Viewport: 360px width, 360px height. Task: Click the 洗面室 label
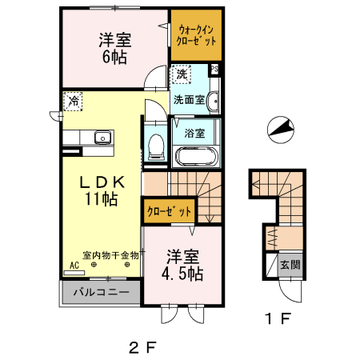click(190, 100)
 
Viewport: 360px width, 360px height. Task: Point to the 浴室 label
click(194, 132)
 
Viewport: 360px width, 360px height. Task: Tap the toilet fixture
click(157, 145)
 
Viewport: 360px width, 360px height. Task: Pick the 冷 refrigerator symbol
click(73, 102)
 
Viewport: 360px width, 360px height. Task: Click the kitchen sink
click(102, 139)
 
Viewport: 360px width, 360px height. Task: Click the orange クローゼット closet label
click(169, 212)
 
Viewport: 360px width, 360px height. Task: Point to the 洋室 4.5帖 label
click(183, 265)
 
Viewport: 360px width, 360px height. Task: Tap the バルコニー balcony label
click(102, 292)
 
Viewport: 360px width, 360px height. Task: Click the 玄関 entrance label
click(290, 265)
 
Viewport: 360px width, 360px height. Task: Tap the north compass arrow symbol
click(278, 130)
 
